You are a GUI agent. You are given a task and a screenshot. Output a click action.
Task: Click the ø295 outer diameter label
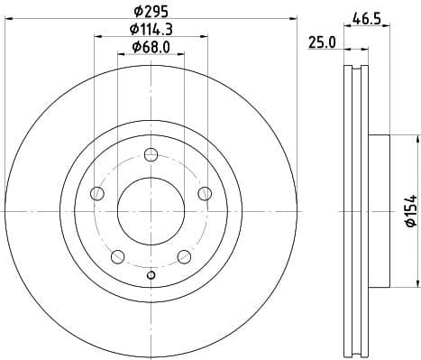[x=151, y=12]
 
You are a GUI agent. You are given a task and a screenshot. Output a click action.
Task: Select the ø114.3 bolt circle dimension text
[x=151, y=30]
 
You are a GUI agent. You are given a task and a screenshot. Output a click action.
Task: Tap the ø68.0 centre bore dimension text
[x=151, y=48]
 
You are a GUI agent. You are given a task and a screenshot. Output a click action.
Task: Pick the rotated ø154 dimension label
[x=409, y=210]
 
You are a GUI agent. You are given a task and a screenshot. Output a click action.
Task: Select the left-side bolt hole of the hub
[x=98, y=194]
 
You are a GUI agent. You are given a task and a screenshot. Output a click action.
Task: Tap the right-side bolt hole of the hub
[x=205, y=193]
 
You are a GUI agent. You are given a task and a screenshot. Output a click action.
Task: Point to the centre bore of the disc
[x=151, y=212]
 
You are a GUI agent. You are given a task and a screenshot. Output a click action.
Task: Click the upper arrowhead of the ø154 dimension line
[x=417, y=139]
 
